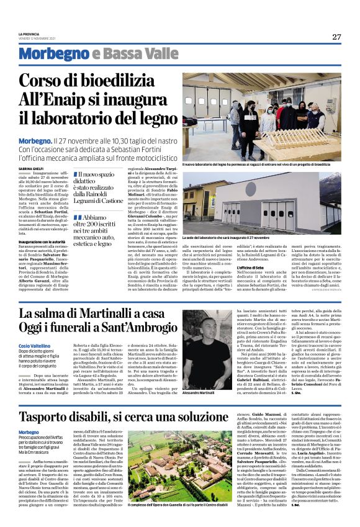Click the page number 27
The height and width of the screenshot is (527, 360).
[x=336, y=36]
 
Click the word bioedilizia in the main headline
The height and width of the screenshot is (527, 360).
[x=125, y=81]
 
